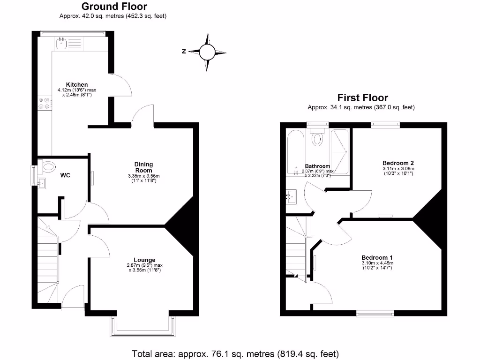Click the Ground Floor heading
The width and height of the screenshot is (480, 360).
(x=114, y=7)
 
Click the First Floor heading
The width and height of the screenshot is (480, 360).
(x=363, y=98)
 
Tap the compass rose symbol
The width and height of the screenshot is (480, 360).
(x=207, y=52)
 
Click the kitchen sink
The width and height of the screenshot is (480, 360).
(x=61, y=44)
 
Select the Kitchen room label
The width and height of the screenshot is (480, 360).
(x=77, y=84)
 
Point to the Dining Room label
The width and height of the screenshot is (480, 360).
(x=144, y=167)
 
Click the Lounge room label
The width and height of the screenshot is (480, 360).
(x=144, y=260)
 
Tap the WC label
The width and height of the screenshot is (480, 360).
(x=65, y=175)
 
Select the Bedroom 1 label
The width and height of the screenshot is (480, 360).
(x=377, y=257)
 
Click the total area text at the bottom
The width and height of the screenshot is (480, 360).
(x=235, y=354)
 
